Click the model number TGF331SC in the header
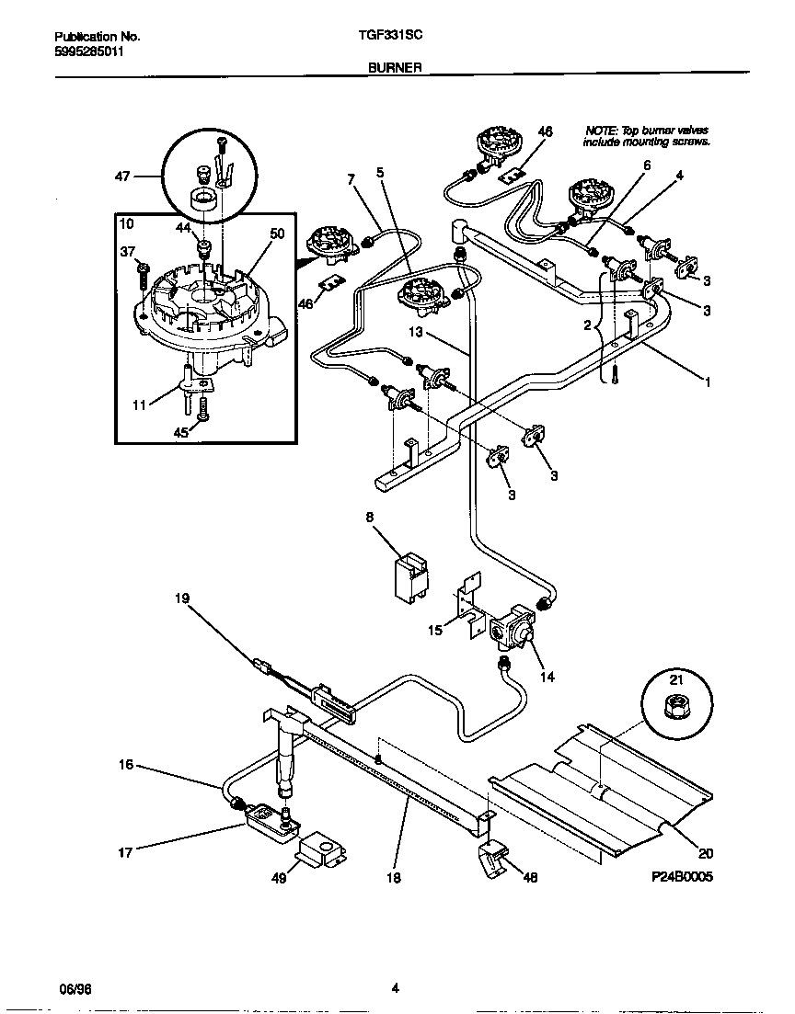[390, 37]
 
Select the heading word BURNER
[396, 67]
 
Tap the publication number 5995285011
[88, 51]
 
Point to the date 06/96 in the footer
[75, 989]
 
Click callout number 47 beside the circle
[122, 175]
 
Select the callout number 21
[676, 679]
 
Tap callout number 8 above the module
[369, 518]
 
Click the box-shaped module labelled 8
[405, 577]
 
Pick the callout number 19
[182, 598]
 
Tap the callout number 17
[125, 852]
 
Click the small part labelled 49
[319, 849]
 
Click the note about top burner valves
[646, 137]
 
